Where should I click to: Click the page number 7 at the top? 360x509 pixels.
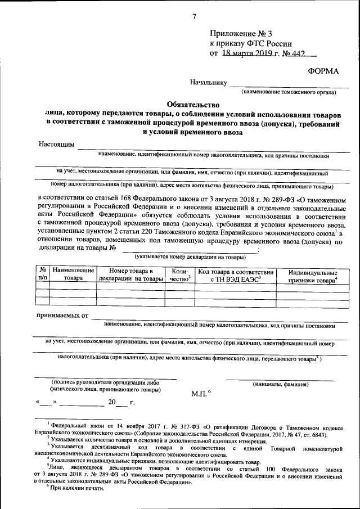click(194, 16)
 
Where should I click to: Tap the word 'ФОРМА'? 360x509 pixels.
click(323, 70)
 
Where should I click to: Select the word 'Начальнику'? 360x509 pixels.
click(208, 82)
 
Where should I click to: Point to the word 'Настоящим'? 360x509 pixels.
click(56, 144)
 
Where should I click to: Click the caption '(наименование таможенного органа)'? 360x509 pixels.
click(287, 92)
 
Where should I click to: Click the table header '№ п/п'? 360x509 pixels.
click(42, 274)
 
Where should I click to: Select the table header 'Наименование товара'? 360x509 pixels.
click(73, 274)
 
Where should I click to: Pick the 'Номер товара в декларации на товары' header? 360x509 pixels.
click(130, 274)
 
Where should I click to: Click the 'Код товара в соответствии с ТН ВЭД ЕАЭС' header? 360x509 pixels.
click(235, 274)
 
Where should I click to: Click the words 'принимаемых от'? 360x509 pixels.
click(62, 316)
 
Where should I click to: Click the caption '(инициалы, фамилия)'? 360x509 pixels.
click(280, 384)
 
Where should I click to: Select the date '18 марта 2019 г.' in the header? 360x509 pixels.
click(247, 53)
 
